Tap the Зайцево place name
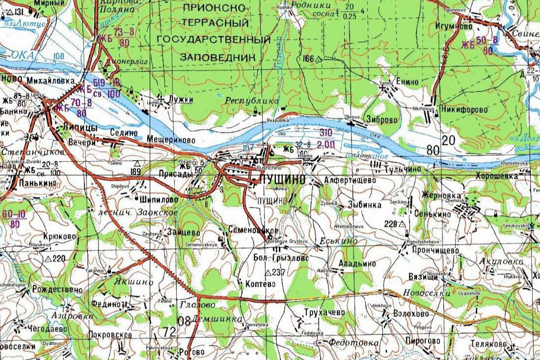pos(183,232)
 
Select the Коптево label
pos(255,283)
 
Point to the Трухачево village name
pos(324,313)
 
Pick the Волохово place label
pos(411,314)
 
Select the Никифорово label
pos(464,110)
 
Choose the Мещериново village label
pos(171,140)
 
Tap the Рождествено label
pos(57,290)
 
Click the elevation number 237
pos(278,273)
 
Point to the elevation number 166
pos(308,59)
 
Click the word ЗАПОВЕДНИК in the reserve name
pos(219,57)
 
